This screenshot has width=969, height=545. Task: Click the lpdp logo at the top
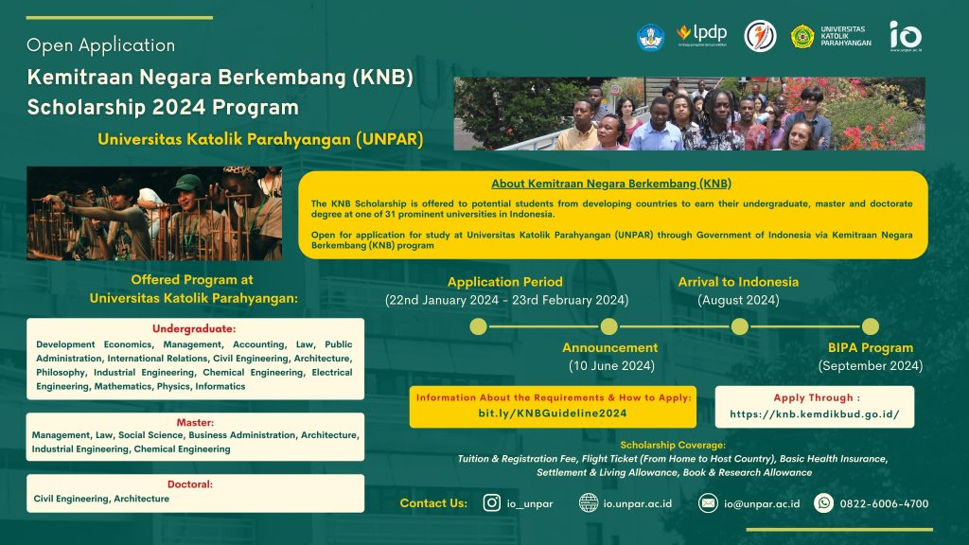click(702, 35)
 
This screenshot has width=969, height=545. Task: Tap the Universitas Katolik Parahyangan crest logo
click(803, 36)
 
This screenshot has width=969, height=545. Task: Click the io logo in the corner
click(905, 35)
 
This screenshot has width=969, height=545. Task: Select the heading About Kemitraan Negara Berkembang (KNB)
click(611, 184)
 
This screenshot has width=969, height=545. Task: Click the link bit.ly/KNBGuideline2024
click(553, 413)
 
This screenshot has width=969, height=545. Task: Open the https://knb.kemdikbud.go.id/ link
click(814, 414)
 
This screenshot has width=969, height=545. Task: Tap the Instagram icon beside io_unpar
click(492, 503)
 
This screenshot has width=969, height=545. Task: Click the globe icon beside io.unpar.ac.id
click(589, 503)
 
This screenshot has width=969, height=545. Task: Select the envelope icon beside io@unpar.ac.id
click(708, 503)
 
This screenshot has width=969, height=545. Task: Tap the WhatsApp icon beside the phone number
click(823, 503)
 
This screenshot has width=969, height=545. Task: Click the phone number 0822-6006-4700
click(884, 503)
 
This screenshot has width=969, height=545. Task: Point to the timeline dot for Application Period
click(479, 326)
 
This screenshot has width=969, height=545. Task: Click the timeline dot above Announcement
click(609, 326)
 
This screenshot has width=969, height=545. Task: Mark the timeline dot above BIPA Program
click(870, 326)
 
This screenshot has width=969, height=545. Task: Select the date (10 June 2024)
click(610, 366)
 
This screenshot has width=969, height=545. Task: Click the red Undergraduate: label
click(195, 330)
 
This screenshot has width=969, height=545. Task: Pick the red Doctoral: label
click(195, 484)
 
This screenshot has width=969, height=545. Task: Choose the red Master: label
click(195, 422)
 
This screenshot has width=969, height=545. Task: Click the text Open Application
click(100, 45)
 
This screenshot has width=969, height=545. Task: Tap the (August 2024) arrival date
click(738, 300)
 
